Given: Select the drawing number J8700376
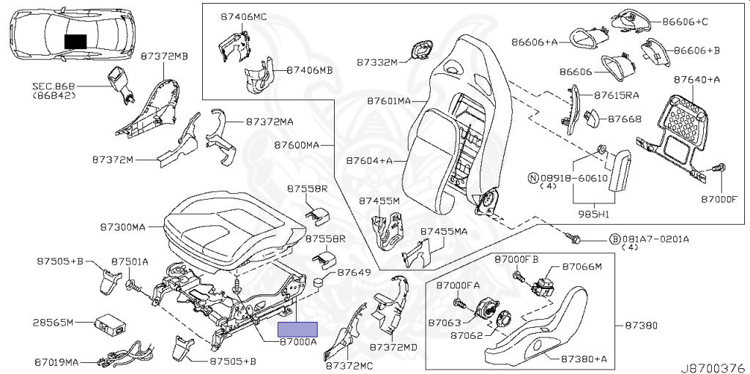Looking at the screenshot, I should click(x=716, y=367).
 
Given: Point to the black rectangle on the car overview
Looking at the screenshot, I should click(x=75, y=42).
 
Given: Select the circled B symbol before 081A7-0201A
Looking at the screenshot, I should click(x=615, y=239).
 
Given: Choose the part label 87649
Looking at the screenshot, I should click(x=354, y=272).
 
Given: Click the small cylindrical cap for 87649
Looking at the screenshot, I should click(x=319, y=283).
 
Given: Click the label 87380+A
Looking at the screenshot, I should click(x=584, y=359).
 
